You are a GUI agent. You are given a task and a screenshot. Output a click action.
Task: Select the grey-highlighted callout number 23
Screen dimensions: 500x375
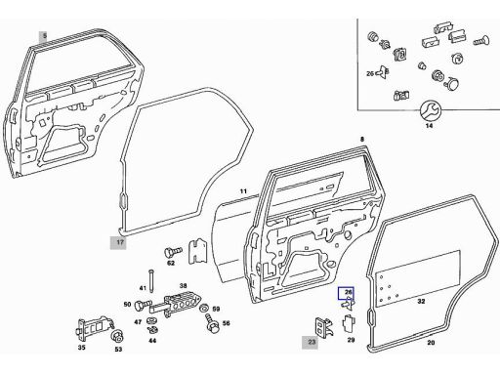pyautogui.click(x=311, y=342)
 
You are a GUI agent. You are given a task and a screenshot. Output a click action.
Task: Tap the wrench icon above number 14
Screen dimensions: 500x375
pyautogui.click(x=430, y=110)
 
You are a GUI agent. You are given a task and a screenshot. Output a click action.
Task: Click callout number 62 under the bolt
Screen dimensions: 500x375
pyautogui.click(x=171, y=263)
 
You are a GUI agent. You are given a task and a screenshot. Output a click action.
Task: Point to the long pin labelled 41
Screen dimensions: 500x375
pyautogui.click(x=151, y=282)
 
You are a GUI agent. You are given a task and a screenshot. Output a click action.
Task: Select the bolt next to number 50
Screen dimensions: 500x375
pyautogui.click(x=143, y=306)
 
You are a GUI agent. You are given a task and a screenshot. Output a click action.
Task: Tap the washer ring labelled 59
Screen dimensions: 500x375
pyautogui.click(x=205, y=308)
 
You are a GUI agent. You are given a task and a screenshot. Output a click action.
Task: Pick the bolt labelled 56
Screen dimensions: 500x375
pyautogui.click(x=211, y=323)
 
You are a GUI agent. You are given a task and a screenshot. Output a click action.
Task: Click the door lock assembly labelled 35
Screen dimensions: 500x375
pyautogui.click(x=94, y=329)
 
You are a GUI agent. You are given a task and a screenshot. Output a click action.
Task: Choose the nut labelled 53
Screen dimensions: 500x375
pyautogui.click(x=117, y=336)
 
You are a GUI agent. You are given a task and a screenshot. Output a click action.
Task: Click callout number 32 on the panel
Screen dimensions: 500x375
pyautogui.click(x=421, y=302)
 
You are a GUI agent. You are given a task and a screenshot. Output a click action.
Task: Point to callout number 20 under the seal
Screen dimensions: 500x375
pyautogui.click(x=431, y=343)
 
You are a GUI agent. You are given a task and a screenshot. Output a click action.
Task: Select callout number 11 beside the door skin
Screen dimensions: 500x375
pyautogui.click(x=243, y=191)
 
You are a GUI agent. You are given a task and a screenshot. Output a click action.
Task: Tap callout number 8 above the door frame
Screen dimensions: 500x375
pyautogui.click(x=362, y=140)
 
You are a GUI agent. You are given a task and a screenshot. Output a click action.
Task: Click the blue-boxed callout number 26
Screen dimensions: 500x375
pyautogui.click(x=347, y=293)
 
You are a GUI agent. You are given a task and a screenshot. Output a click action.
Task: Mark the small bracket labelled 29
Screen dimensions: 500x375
pyautogui.click(x=349, y=323)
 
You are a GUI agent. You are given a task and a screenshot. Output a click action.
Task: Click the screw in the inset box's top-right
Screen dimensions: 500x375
pyautogui.click(x=480, y=40)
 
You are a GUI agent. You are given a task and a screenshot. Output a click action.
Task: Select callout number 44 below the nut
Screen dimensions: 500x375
pyautogui.click(x=152, y=341)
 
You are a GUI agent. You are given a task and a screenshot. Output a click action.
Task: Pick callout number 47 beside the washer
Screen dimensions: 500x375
pyautogui.click(x=138, y=322)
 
